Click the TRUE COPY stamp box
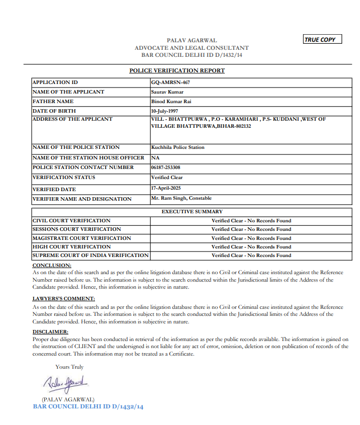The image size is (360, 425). pos(322,39)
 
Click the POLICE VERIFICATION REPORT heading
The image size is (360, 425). pos(177,70)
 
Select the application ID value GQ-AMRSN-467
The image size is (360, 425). pos(170,82)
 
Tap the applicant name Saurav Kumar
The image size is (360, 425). pos(167,92)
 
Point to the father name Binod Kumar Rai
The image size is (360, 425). pos(171,101)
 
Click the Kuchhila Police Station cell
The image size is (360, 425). pos(177,147)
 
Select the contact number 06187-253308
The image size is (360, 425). pos(165,167)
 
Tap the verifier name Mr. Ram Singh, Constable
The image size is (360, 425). pos(182,198)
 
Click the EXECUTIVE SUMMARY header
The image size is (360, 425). pos(192,212)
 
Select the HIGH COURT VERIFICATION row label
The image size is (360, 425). pos(71,247)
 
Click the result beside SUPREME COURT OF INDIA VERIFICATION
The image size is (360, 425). pos(251,256)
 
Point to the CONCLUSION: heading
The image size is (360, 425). pos(52,265)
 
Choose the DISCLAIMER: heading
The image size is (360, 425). pos(50,332)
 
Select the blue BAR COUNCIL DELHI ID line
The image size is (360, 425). pos(88,406)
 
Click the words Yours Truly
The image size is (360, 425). pos(69,367)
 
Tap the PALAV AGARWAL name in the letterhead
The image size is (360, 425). pos(192,40)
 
